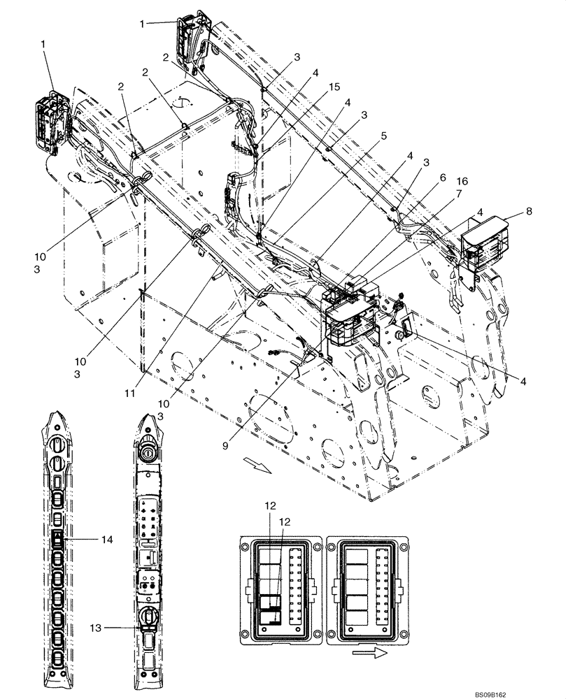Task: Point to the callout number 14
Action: click(106, 539)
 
